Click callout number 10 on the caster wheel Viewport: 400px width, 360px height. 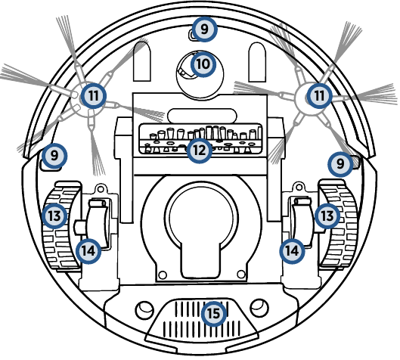tap(203, 64)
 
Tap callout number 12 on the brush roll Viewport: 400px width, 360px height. tap(199, 151)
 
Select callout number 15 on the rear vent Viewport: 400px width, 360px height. tap(214, 313)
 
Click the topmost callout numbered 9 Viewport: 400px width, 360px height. tap(204, 29)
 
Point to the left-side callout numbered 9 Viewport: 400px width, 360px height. tap(54, 155)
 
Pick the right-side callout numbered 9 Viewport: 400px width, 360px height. tap(340, 164)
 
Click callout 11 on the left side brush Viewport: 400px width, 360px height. tap(93, 96)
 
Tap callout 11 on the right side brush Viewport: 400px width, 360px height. tap(319, 96)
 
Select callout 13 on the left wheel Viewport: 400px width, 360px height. tap(54, 216)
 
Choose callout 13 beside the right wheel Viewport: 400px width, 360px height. tap(327, 216)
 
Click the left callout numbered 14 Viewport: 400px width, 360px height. tap(88, 251)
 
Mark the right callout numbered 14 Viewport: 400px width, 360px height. tap(292, 251)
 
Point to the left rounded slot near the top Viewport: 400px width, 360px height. tap(142, 62)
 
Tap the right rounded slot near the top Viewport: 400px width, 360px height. tap(257, 62)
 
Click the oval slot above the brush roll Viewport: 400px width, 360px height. tap(202, 115)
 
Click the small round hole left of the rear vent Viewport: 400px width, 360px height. tap(144, 310)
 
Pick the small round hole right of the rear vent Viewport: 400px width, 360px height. tap(259, 308)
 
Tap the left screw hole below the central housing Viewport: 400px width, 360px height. tap(163, 275)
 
